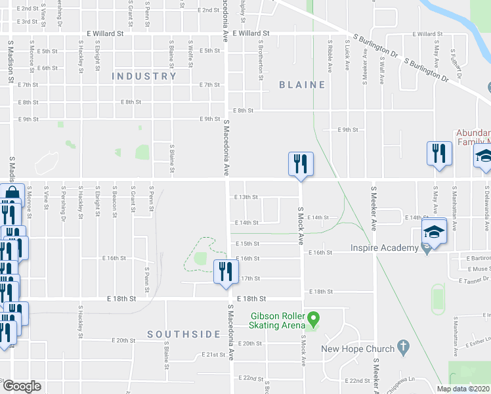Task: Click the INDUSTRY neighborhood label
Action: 144,76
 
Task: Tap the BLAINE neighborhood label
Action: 302,85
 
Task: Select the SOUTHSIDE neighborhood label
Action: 183,334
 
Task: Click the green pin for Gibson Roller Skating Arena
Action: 314,320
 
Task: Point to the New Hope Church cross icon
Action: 404,348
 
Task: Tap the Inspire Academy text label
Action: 384,248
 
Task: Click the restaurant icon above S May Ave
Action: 438,154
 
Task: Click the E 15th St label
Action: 248,244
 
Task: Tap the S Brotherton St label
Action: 261,65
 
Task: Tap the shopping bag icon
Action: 12,194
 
